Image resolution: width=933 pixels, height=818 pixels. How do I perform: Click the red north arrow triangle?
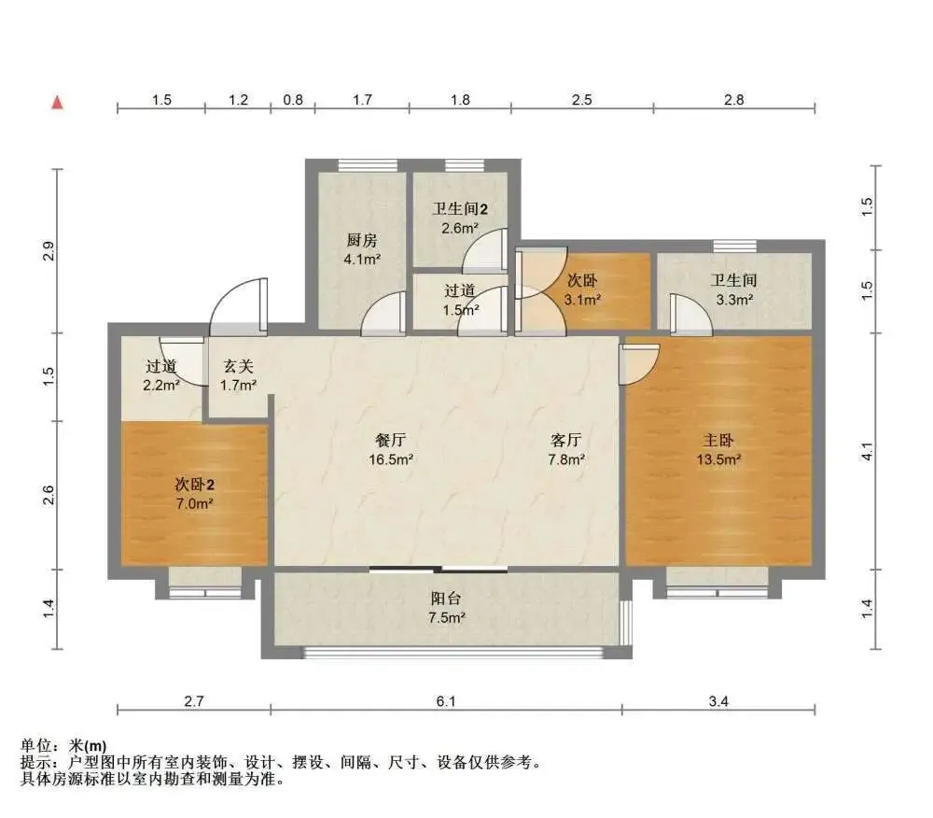pos(57,103)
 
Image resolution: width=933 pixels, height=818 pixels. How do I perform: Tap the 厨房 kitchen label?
pos(362,240)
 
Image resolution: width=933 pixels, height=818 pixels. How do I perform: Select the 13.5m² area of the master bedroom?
pos(718,459)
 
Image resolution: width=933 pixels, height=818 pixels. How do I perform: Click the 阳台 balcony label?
pos(446,599)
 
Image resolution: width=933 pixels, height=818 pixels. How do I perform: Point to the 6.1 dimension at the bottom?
pos(446,701)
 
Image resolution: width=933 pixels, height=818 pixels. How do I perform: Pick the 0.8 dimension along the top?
pos(293,99)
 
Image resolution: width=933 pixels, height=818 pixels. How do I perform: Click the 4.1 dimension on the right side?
pos(867,451)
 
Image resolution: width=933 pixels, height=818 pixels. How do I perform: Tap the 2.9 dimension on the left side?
pos(49,250)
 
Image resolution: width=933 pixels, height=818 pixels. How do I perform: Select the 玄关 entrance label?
pos(239,366)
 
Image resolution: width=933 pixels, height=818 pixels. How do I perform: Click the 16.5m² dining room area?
pos(391,459)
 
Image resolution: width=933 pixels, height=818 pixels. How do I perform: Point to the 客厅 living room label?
pos(566,440)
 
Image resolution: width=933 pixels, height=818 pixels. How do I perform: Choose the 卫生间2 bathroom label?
pos(460,209)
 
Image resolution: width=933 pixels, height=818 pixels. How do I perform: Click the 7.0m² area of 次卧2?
pos(195,503)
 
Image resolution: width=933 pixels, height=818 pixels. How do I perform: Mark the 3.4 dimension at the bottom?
pos(718,701)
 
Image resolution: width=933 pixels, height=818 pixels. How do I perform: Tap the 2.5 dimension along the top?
pos(581,99)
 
